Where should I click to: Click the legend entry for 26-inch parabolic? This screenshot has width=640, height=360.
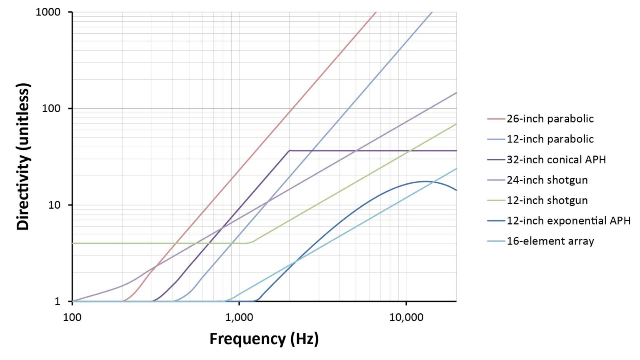(550, 119)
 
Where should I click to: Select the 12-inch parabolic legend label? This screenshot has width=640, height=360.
(550, 139)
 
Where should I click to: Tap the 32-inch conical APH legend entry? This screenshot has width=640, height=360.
(556, 160)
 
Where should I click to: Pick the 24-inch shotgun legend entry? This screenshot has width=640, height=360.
(547, 180)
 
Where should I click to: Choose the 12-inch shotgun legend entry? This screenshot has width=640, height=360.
(547, 200)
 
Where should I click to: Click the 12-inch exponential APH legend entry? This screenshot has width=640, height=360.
(568, 221)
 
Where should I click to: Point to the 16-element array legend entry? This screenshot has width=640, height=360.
(550, 241)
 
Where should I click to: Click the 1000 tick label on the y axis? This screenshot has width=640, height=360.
(48, 12)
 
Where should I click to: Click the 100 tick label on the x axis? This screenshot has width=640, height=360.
(72, 317)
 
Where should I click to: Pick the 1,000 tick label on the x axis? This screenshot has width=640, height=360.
(239, 317)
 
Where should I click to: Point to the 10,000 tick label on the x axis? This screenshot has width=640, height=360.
(406, 317)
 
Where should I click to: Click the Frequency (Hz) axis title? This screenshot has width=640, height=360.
(264, 338)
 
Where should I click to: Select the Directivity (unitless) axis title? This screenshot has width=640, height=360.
(23, 157)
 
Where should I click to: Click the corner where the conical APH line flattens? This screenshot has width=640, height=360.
(290, 150)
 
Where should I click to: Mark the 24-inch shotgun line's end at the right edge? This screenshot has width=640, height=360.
(456, 92)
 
